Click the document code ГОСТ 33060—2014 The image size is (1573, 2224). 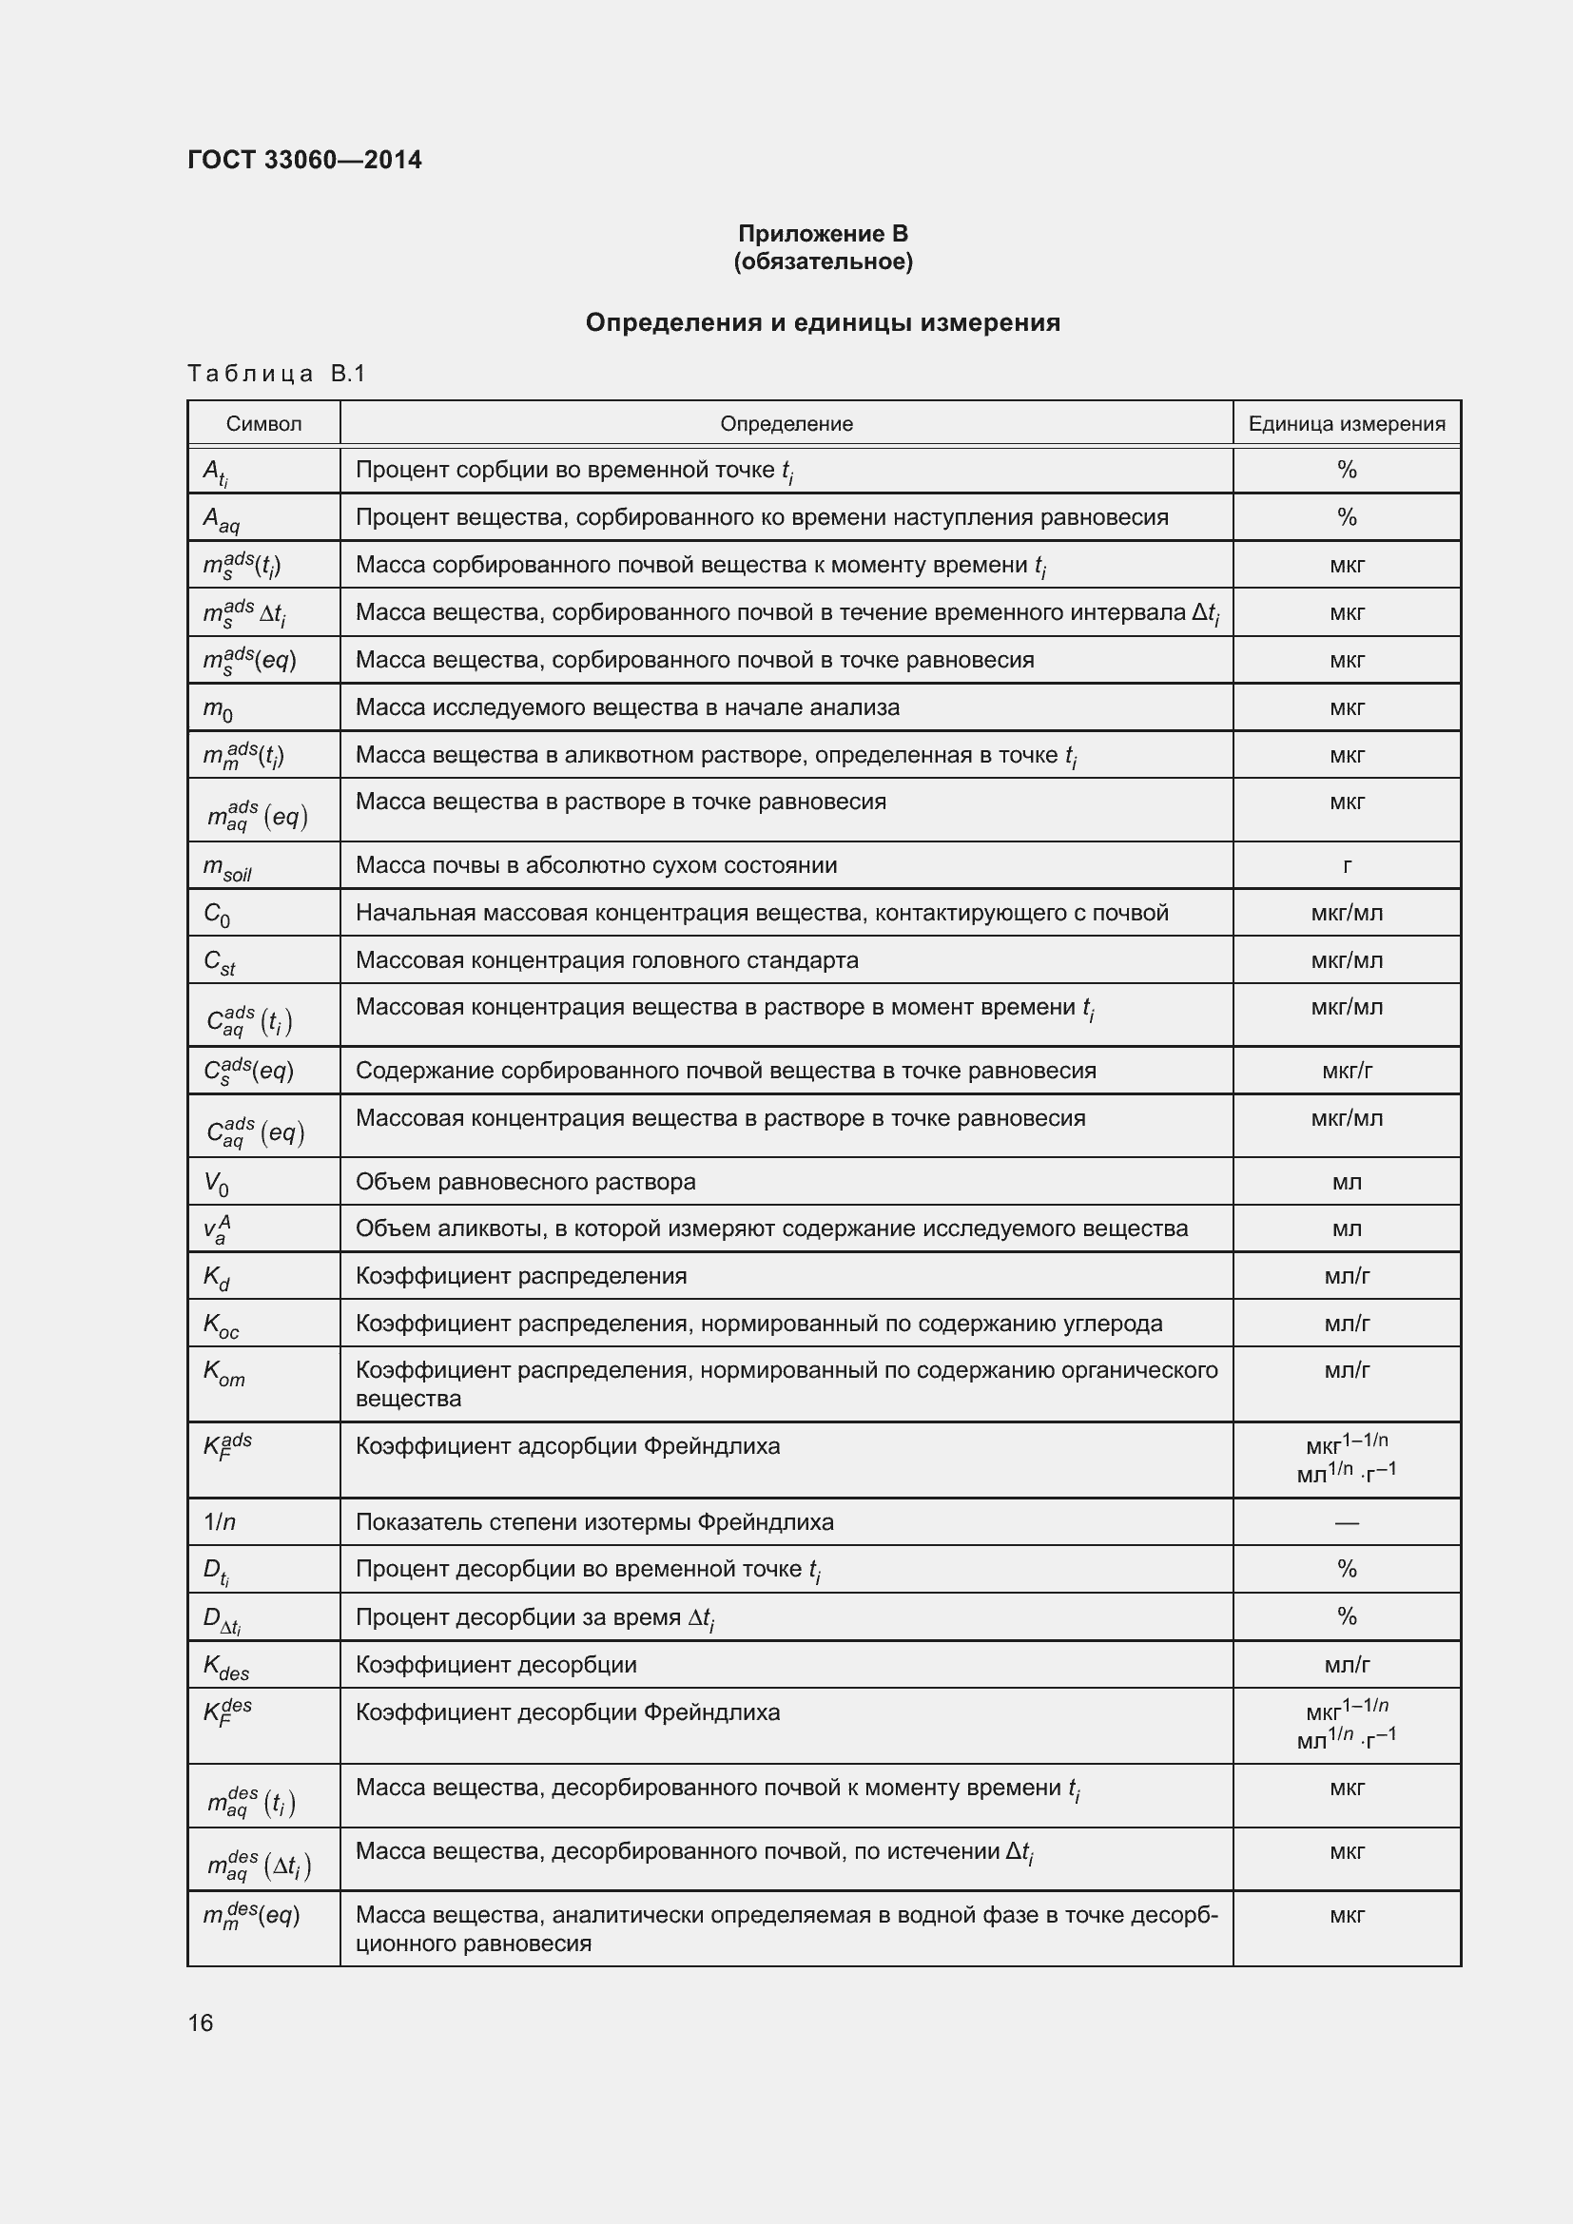(304, 160)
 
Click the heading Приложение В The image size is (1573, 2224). (823, 234)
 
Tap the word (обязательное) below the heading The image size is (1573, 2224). (823, 261)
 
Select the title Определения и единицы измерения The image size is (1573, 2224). (823, 322)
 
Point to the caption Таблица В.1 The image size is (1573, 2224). (276, 374)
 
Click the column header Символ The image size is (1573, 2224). (263, 423)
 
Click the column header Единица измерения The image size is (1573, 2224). (1347, 423)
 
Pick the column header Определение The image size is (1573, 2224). (786, 423)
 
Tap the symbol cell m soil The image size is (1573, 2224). (226, 868)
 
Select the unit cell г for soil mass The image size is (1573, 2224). (1347, 866)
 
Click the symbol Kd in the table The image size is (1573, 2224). (216, 1279)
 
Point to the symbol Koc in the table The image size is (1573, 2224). (221, 1326)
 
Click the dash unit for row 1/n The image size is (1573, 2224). (1347, 1522)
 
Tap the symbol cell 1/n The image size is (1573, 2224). (220, 1522)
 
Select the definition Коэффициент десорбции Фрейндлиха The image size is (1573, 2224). (568, 1712)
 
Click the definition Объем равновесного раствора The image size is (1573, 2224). (525, 1182)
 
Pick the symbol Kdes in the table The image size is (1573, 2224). (225, 1666)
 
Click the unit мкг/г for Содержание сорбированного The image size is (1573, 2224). (1347, 1071)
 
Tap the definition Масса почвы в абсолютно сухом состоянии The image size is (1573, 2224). (595, 865)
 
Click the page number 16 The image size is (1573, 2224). (201, 2022)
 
